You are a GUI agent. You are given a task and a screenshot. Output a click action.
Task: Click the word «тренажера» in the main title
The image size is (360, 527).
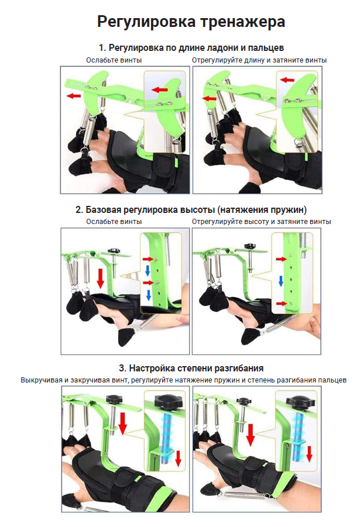[x=242, y=22]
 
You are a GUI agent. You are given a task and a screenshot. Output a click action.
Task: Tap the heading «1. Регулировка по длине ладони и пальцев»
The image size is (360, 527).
[x=191, y=48]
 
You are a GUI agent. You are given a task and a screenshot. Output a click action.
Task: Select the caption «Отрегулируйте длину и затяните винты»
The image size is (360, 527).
[x=259, y=60]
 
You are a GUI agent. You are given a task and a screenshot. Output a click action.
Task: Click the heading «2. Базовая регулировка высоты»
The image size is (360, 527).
[x=145, y=210]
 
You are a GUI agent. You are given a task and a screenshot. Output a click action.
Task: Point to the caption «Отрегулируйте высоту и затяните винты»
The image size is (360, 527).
[x=262, y=222]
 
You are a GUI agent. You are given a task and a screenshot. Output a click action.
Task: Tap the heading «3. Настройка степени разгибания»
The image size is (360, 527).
[x=191, y=368]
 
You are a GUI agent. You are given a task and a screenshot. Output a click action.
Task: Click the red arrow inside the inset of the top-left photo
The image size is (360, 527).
[x=159, y=89]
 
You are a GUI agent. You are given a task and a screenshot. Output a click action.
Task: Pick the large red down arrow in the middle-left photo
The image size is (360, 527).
[x=100, y=278]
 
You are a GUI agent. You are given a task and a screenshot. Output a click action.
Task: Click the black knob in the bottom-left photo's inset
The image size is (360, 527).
[x=168, y=402]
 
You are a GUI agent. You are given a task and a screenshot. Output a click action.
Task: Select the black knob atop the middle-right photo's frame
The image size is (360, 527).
[x=251, y=246]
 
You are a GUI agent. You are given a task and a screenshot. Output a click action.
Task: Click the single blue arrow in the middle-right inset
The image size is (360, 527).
[x=281, y=281]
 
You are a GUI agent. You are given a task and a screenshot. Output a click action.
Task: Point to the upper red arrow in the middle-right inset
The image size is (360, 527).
[x=282, y=259]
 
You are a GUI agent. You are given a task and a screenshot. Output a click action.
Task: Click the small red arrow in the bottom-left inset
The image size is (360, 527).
[x=179, y=459]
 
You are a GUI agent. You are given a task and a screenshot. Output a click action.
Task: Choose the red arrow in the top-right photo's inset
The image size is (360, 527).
[x=287, y=80]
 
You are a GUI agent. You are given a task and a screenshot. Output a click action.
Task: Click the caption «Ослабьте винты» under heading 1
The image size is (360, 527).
[x=114, y=60]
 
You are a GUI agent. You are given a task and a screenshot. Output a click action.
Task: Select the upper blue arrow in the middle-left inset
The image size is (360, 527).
[x=148, y=270]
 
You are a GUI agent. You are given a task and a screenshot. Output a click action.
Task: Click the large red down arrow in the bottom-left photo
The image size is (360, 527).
[x=123, y=424]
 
